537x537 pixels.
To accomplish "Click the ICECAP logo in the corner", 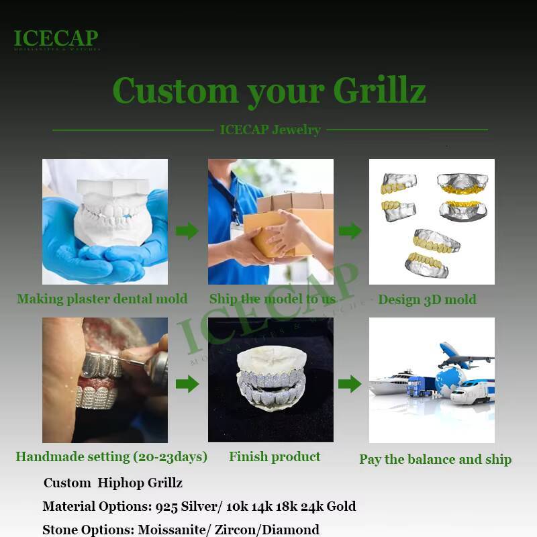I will point(56,40).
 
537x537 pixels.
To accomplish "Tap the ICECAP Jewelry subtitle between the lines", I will point(270,130).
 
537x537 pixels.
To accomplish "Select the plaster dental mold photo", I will point(105,222).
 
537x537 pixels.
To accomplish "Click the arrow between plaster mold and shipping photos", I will point(187,232).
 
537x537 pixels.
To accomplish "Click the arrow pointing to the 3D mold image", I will point(350,232).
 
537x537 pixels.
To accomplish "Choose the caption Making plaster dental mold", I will point(102,299).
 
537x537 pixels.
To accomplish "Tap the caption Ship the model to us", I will point(272,299).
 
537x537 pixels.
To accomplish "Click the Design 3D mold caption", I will point(427,299).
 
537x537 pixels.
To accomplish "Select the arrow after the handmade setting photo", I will point(187,384).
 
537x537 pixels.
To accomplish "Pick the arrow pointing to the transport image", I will point(350,384).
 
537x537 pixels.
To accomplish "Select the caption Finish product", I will point(275,457).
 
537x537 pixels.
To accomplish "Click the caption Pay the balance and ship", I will point(435,460).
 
